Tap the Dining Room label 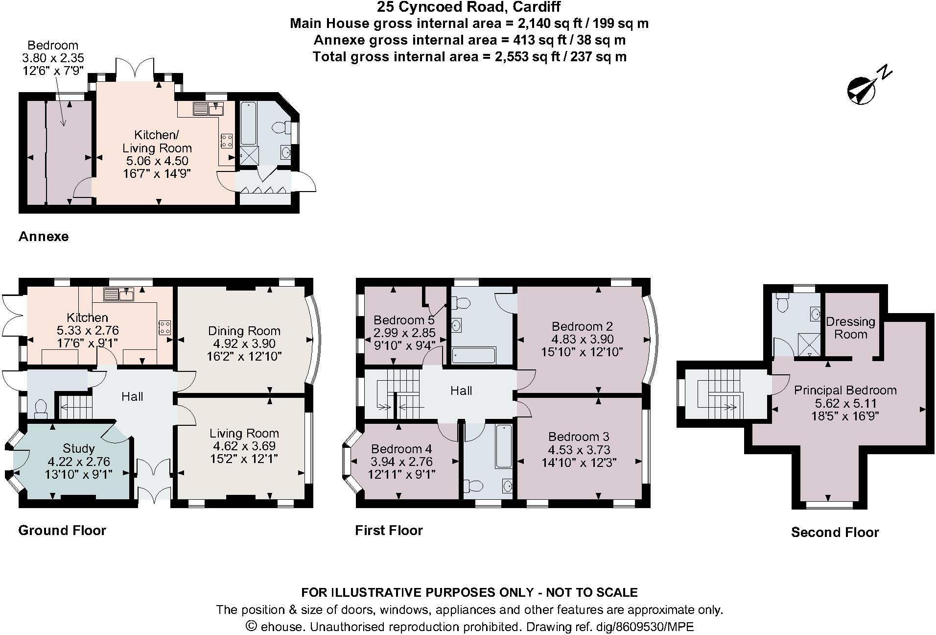(244, 331)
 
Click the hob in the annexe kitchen (227, 141)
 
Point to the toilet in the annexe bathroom (281, 127)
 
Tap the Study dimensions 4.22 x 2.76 (79, 462)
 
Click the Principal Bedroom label (845, 390)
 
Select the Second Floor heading (835, 532)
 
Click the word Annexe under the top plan (44, 237)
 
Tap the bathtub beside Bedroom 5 (473, 355)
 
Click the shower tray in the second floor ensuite (809, 344)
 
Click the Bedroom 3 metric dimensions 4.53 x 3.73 (579, 449)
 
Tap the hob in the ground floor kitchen (165, 327)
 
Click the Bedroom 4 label (401, 449)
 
